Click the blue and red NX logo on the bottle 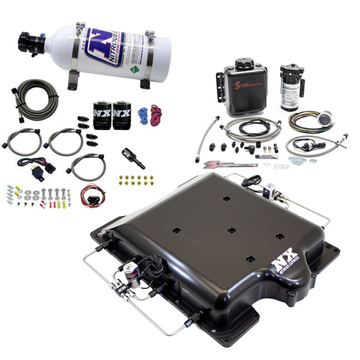[x=99, y=43]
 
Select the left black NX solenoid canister [x=102, y=115]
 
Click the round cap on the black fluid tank [x=245, y=63]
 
